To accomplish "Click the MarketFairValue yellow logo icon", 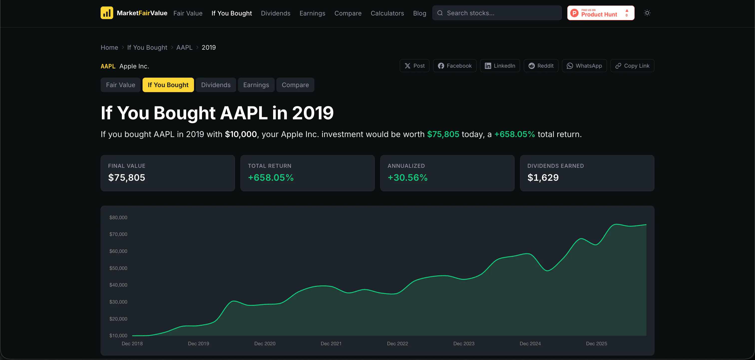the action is click(x=107, y=13).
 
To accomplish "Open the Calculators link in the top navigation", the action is click(x=387, y=13).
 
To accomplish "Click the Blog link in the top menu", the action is click(x=419, y=13).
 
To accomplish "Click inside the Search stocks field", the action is click(x=497, y=13).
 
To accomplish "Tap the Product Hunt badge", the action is click(x=600, y=13).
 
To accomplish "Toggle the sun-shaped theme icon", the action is click(x=647, y=13).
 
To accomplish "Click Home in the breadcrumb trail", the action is click(x=109, y=47).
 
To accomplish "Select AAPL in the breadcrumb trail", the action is click(x=184, y=47).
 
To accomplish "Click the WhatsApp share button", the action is click(x=584, y=66).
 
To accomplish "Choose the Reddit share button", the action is click(x=541, y=66).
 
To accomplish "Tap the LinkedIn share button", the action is click(x=500, y=66).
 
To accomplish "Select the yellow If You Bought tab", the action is click(x=168, y=85).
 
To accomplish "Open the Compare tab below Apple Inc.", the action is click(x=295, y=85).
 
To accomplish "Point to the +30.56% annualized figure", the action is click(x=407, y=177).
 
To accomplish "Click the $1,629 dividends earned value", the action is click(x=543, y=177).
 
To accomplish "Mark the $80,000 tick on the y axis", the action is click(x=118, y=217).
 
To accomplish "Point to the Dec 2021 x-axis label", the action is click(x=331, y=344).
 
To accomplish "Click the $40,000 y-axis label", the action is click(x=118, y=285).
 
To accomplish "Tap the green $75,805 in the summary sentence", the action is click(x=443, y=134).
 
